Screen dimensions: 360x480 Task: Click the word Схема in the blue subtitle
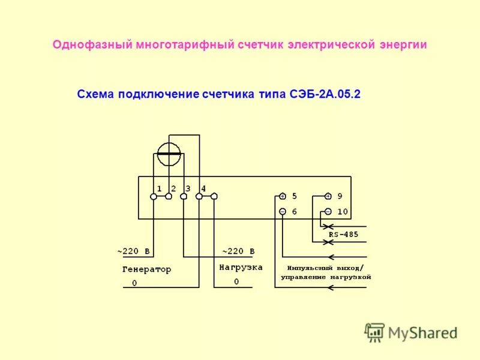[96, 94]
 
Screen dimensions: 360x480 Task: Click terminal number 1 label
[159, 188]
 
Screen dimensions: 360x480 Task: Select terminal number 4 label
[203, 188]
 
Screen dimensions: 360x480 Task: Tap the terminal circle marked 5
[283, 196]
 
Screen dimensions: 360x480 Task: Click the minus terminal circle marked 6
[283, 211]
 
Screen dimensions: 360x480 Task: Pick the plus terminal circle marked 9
[328, 196]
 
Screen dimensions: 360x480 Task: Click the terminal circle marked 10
[328, 211]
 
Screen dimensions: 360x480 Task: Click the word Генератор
[146, 269]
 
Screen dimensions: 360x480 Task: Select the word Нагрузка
[241, 268]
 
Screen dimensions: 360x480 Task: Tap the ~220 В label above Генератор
[133, 251]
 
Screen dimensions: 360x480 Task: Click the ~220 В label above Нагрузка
[238, 251]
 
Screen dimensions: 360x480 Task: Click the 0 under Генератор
[134, 283]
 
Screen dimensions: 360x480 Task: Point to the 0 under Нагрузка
[236, 281]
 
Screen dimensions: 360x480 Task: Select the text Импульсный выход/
[325, 268]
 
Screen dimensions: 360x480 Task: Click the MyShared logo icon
[375, 332]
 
